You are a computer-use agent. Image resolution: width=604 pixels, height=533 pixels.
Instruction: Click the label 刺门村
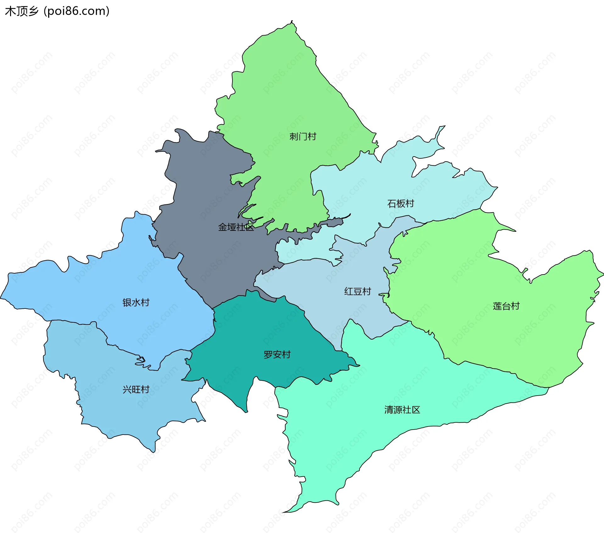click(x=303, y=136)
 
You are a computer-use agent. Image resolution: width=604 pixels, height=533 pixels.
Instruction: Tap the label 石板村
click(x=400, y=203)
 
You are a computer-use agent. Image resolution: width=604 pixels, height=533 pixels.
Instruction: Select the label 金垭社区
click(x=236, y=227)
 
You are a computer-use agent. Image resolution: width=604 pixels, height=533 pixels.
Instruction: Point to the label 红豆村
click(x=357, y=291)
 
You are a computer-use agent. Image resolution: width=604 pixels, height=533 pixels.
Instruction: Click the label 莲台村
click(x=506, y=306)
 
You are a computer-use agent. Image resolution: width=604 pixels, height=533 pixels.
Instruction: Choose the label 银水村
click(x=136, y=303)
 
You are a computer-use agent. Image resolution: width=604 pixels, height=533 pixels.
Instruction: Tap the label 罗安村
click(x=277, y=355)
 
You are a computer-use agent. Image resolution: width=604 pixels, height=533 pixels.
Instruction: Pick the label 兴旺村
click(x=136, y=390)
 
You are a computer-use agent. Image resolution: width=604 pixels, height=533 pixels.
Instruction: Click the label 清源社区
click(x=402, y=410)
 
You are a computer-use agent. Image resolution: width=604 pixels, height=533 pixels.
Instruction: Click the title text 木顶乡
click(x=21, y=11)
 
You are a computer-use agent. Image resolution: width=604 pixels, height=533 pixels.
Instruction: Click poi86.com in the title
click(x=76, y=11)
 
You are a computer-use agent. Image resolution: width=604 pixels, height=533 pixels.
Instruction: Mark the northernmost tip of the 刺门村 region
click(x=292, y=21)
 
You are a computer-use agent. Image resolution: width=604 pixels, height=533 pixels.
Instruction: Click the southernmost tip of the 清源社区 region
click(x=284, y=512)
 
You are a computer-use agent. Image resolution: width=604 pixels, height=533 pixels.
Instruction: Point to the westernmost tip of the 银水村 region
click(x=1, y=297)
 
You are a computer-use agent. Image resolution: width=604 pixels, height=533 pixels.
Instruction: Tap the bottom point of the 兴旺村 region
click(x=153, y=452)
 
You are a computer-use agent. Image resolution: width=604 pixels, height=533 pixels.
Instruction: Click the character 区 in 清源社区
click(x=416, y=410)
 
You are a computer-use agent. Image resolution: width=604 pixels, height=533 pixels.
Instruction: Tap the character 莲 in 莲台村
click(x=497, y=306)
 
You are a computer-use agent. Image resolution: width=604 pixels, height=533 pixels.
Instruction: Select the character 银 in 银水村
click(x=127, y=303)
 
